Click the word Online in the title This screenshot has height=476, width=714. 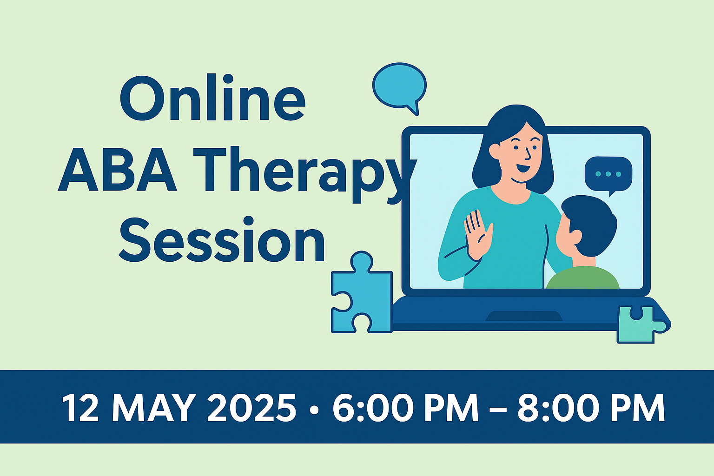point(212,98)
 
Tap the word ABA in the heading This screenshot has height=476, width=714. point(117,169)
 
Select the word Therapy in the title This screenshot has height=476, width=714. point(304,174)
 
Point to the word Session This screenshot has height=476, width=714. point(222,239)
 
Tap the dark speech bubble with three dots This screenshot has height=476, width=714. point(608,175)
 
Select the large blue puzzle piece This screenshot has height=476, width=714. point(362,293)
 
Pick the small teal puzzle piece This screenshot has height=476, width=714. point(641,324)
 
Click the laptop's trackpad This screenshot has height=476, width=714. point(524,316)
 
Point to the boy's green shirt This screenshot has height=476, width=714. point(582,278)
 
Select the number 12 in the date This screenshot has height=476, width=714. point(80,408)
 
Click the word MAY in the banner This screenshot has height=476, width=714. point(154,408)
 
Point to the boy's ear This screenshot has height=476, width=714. point(575,237)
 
